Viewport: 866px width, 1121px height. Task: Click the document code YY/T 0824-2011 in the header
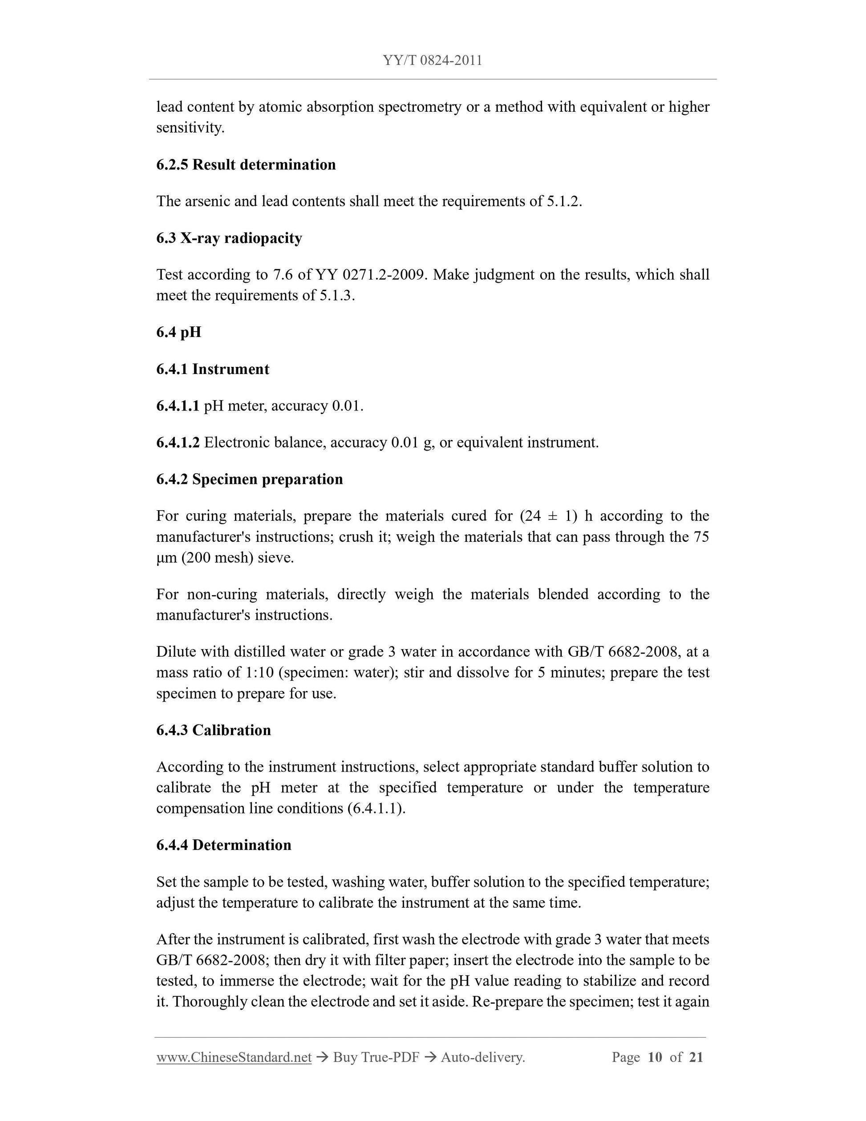click(432, 61)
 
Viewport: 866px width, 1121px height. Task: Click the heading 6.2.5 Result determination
click(246, 165)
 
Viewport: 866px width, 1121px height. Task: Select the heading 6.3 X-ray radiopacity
click(229, 238)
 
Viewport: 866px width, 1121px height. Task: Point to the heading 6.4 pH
click(178, 332)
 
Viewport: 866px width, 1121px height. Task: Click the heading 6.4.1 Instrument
click(212, 369)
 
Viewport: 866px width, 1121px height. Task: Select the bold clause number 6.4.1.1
click(178, 406)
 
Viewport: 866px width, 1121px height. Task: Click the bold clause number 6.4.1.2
click(178, 443)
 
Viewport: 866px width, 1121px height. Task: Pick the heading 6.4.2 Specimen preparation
click(249, 479)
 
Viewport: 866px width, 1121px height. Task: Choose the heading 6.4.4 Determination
click(224, 845)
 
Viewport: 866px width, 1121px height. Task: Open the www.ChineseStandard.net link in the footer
click(234, 1057)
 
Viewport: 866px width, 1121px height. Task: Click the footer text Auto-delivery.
click(483, 1057)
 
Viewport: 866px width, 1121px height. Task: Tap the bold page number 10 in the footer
click(655, 1057)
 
